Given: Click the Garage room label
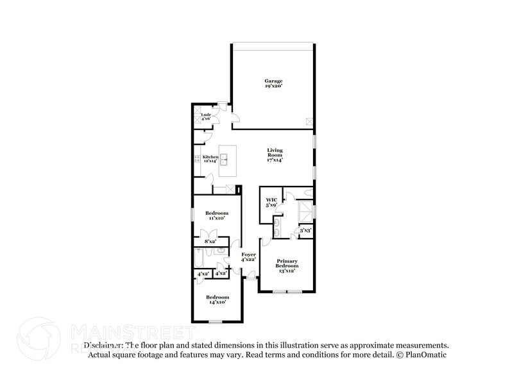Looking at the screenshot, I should (x=274, y=83).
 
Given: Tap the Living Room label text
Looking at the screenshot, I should (x=275, y=154).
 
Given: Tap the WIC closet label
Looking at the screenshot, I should (x=271, y=203).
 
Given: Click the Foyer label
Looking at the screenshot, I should (x=248, y=257).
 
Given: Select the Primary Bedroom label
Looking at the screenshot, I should (x=287, y=265).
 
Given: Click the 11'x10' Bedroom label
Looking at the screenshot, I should (x=216, y=215).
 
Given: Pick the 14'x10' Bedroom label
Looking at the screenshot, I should (x=217, y=299).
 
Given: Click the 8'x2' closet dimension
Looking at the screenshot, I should (x=210, y=241).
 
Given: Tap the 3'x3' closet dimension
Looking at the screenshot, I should (x=306, y=230).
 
